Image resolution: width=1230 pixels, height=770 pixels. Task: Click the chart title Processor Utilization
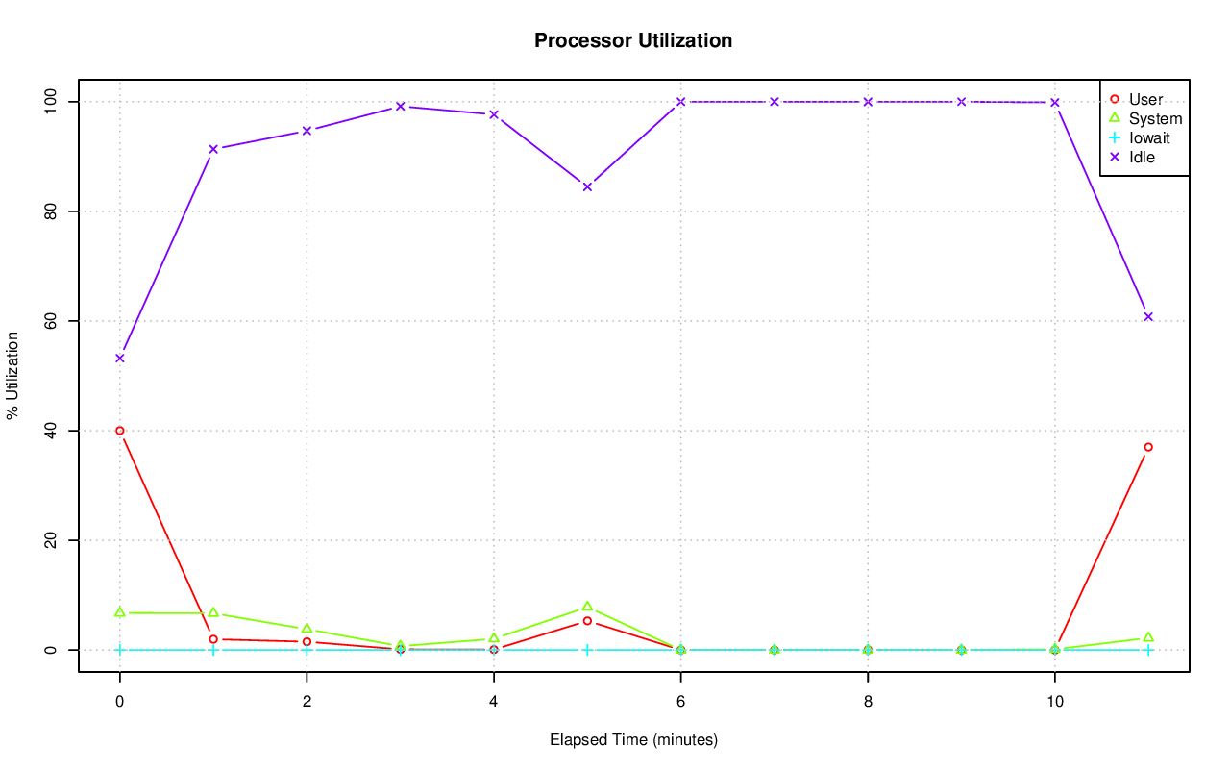[x=633, y=40]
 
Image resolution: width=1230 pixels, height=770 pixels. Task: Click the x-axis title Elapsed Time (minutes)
[x=633, y=740]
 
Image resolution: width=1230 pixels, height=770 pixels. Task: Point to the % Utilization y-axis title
[x=13, y=375]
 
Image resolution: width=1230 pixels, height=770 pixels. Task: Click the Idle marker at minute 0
[x=120, y=358]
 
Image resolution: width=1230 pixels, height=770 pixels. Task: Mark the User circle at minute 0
[x=120, y=431]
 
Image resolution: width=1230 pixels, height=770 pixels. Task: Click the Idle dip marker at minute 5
[x=587, y=186]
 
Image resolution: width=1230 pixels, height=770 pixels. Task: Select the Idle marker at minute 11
[x=1148, y=316]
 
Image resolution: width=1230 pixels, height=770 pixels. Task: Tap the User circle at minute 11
[x=1148, y=447]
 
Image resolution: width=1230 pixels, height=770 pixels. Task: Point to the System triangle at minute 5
[x=587, y=607]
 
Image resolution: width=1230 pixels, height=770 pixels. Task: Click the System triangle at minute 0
[x=120, y=612]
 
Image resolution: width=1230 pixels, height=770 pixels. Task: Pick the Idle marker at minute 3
[x=400, y=107]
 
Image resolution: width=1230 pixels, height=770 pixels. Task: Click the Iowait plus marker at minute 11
[x=1148, y=650]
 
